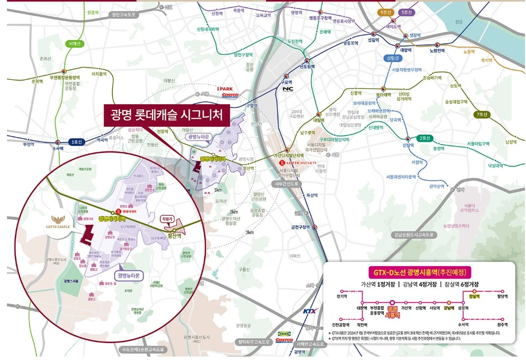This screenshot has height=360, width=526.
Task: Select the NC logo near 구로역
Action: coord(288,89)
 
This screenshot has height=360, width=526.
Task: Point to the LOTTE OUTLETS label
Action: coord(300,162)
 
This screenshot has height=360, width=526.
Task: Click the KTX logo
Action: coord(310,311)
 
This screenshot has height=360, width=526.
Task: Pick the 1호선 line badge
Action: coord(76,142)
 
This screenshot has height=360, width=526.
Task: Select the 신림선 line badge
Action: coord(393,58)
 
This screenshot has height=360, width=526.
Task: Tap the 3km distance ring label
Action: coord(249,232)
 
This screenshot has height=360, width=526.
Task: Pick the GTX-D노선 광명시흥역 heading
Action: coord(420,272)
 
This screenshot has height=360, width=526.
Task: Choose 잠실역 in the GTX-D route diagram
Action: coord(474,296)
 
